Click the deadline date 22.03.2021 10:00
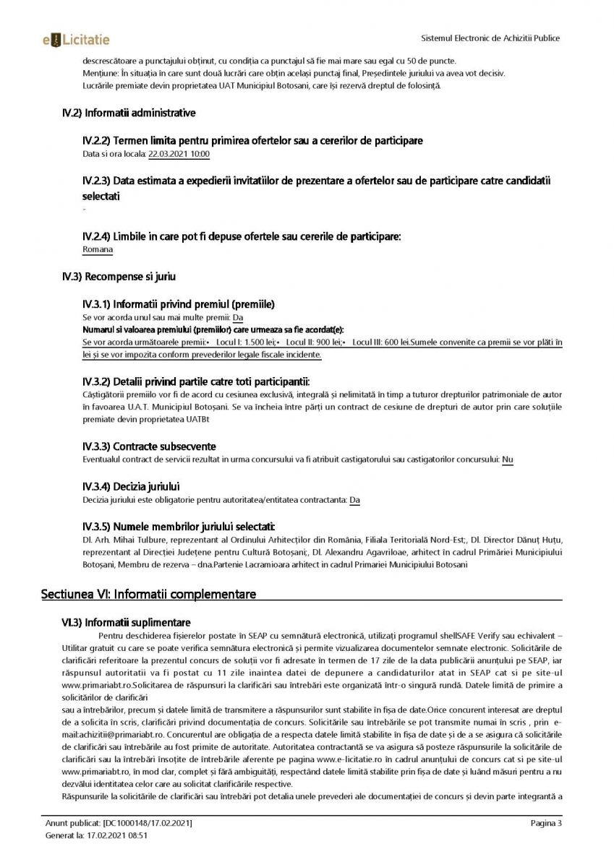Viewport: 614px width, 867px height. [x=179, y=154]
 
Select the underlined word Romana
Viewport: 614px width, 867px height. [x=98, y=249]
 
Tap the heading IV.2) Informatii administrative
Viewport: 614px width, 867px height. [x=129, y=113]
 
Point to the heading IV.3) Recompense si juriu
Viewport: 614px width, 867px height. [x=119, y=276]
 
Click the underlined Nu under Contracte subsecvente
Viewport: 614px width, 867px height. [x=508, y=460]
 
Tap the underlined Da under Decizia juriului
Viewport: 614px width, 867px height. [x=354, y=500]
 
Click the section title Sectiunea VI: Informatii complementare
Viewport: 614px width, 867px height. [x=148, y=594]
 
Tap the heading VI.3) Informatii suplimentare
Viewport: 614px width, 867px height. [x=126, y=622]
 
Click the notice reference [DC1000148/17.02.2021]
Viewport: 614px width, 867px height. [x=148, y=824]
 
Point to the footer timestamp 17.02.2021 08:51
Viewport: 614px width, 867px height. [x=117, y=835]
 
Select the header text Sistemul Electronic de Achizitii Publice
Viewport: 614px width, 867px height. [x=490, y=38]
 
